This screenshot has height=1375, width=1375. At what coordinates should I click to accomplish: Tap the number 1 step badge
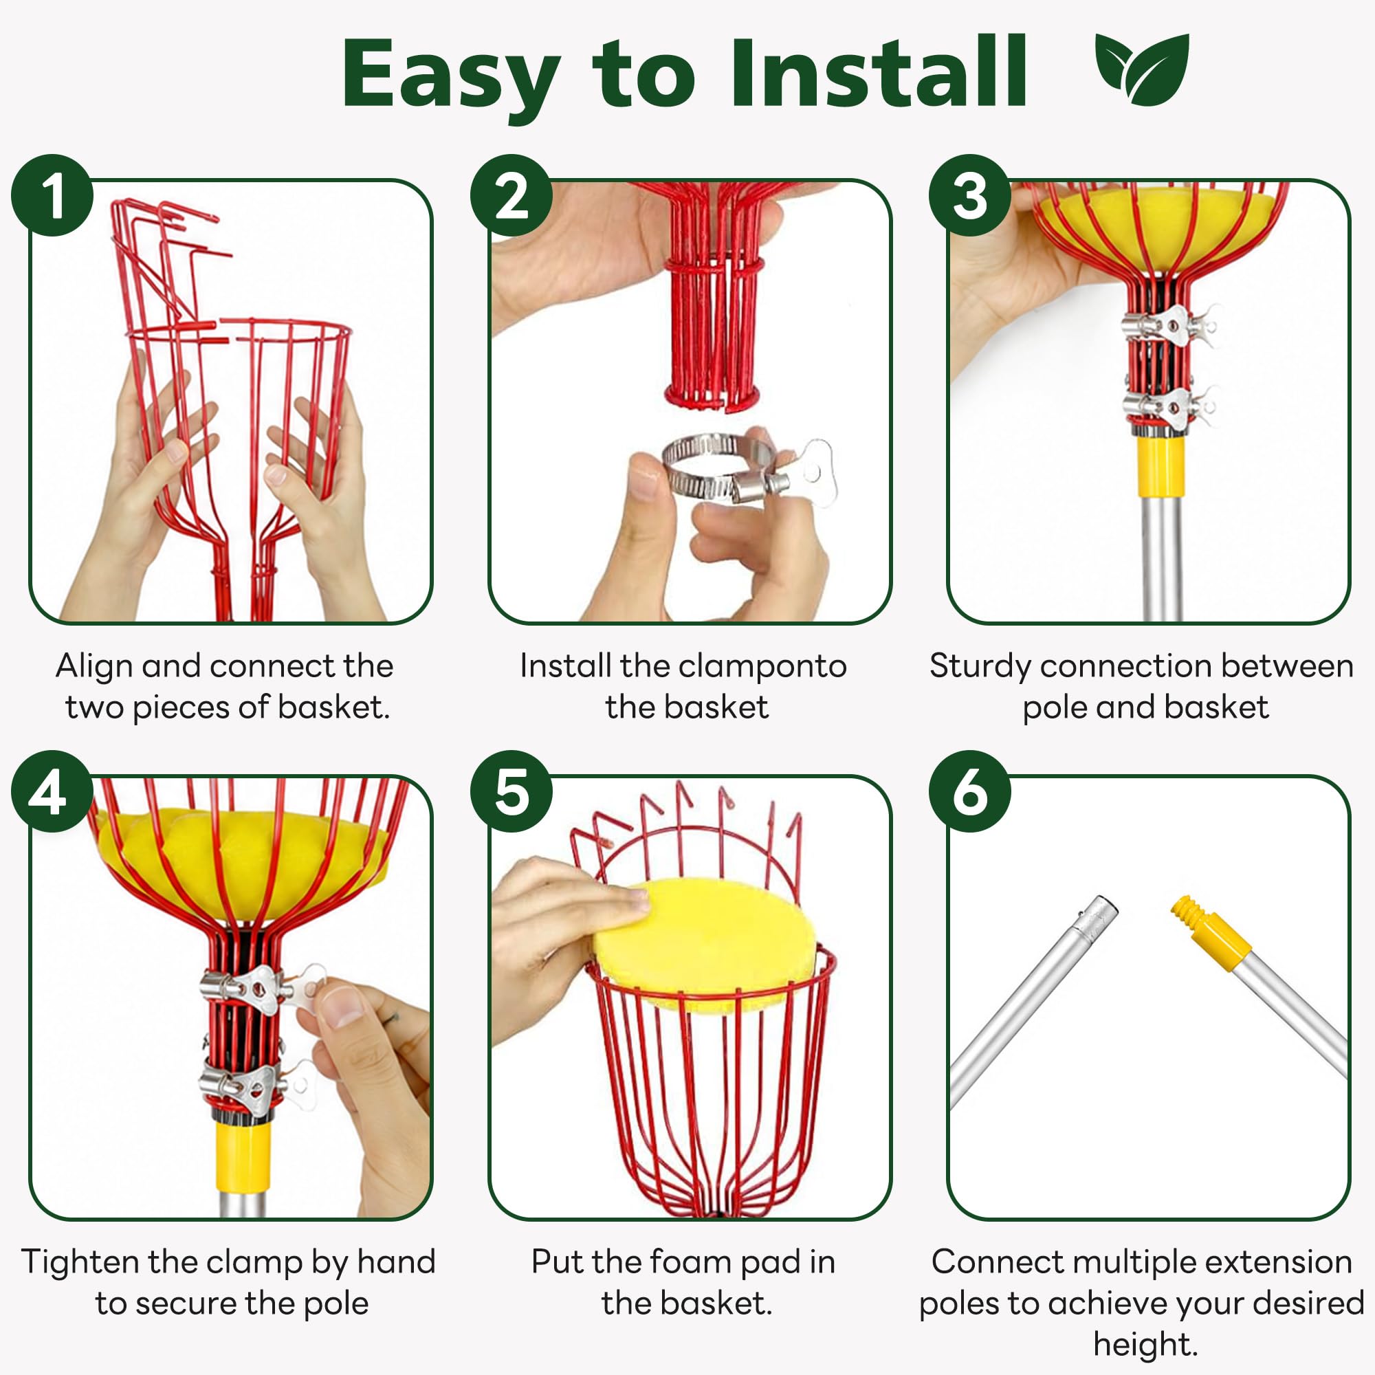point(52,195)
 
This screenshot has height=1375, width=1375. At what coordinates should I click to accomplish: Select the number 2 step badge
point(511,195)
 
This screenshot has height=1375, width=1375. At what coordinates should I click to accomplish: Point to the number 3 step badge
point(970,195)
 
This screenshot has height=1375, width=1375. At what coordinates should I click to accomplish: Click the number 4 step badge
point(52,791)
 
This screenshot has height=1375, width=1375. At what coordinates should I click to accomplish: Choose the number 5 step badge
point(511,791)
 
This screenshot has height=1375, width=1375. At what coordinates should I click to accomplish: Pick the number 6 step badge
point(970,791)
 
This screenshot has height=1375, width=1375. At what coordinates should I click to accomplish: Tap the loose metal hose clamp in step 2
point(740,471)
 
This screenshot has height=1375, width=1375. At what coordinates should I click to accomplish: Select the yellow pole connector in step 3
point(1161,467)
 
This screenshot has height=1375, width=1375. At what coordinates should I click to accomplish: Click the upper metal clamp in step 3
point(1167,326)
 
